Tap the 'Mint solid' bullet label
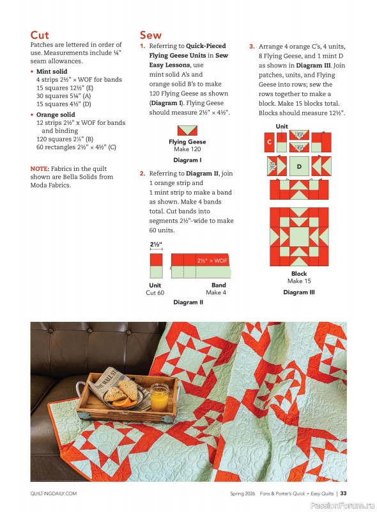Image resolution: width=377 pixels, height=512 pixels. pos(52,72)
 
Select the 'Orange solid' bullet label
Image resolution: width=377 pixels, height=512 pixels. pos(56,115)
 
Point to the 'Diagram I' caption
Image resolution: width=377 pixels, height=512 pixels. pos(187,160)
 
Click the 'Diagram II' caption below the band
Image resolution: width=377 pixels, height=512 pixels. pos(188,302)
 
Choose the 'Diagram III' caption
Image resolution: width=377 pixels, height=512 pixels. pos(298,292)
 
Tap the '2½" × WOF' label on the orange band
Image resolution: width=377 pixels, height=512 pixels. pos(212,260)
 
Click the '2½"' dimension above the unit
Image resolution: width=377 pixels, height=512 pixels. pos(156,244)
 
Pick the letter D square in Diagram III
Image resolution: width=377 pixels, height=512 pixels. pos(298,166)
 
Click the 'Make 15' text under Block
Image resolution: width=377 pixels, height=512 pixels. pos(298,281)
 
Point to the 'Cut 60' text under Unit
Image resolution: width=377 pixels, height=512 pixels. pos(155,292)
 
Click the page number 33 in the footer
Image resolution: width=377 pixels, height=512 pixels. pos(343,493)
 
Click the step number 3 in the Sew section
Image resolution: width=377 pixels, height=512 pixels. pos(252,46)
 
